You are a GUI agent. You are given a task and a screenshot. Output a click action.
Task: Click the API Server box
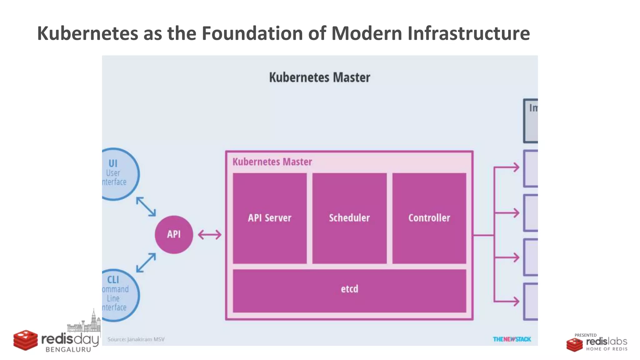[269, 218]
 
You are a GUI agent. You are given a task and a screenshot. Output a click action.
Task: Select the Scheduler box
[349, 218]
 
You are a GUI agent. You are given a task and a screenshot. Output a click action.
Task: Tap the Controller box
[429, 218]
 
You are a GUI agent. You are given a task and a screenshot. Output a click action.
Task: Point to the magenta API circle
[174, 234]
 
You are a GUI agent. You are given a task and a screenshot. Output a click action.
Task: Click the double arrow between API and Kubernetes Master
[210, 235]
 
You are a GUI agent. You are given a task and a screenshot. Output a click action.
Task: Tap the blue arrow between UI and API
[146, 207]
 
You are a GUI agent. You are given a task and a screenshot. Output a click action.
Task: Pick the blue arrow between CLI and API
[146, 262]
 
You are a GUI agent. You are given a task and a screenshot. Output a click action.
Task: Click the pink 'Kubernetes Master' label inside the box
[272, 162]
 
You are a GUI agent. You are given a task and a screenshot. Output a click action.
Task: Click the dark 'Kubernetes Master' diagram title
[319, 77]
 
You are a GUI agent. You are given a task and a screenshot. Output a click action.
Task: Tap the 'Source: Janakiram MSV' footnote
[136, 339]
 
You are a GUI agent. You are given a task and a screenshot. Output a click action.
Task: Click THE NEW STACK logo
[512, 339]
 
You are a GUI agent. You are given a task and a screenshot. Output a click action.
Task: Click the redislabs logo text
[606, 341]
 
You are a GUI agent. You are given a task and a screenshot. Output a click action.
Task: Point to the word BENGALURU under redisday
[68, 350]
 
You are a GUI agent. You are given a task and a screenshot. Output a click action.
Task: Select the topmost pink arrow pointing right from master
[507, 167]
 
